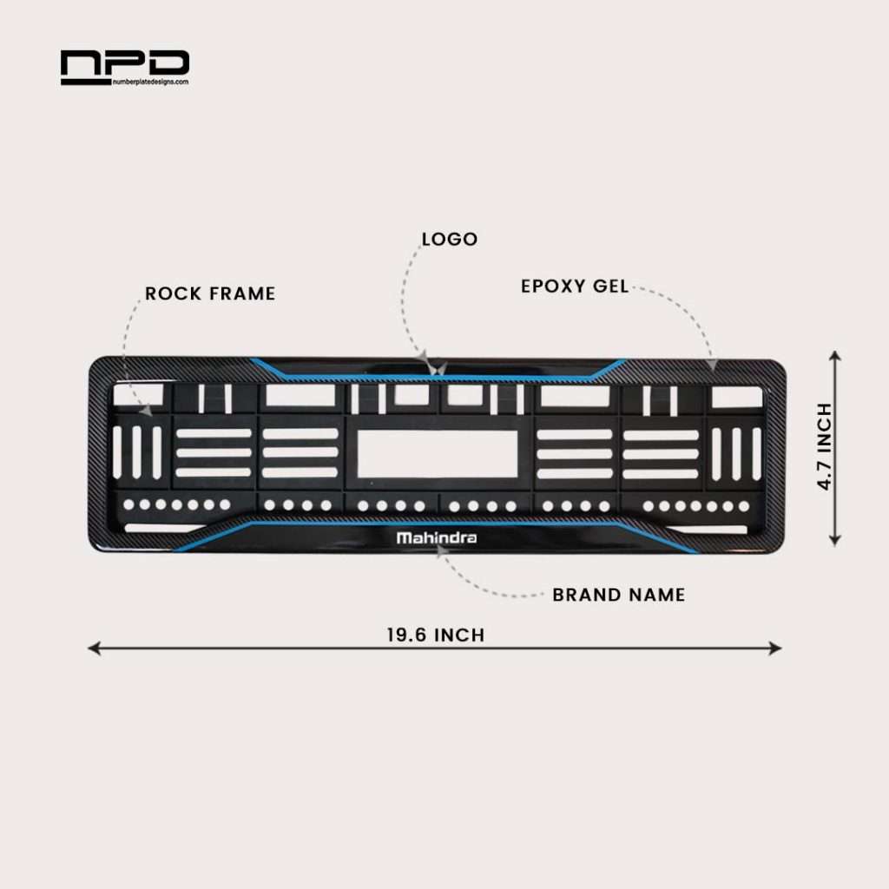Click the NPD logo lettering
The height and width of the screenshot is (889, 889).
[124, 63]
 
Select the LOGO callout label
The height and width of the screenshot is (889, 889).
[449, 239]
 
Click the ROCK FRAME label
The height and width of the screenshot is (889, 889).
[210, 293]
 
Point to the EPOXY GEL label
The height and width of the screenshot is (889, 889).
[575, 286]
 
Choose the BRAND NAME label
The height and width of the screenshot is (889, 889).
[618, 595]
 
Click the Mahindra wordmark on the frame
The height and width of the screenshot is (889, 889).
[437, 537]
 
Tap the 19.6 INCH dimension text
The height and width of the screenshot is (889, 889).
[436, 635]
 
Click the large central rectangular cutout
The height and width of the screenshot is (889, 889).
[438, 452]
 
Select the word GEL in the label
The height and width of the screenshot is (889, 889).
[610, 286]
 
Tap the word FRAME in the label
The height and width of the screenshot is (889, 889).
[240, 293]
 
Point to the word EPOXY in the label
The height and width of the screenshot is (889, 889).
[554, 286]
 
